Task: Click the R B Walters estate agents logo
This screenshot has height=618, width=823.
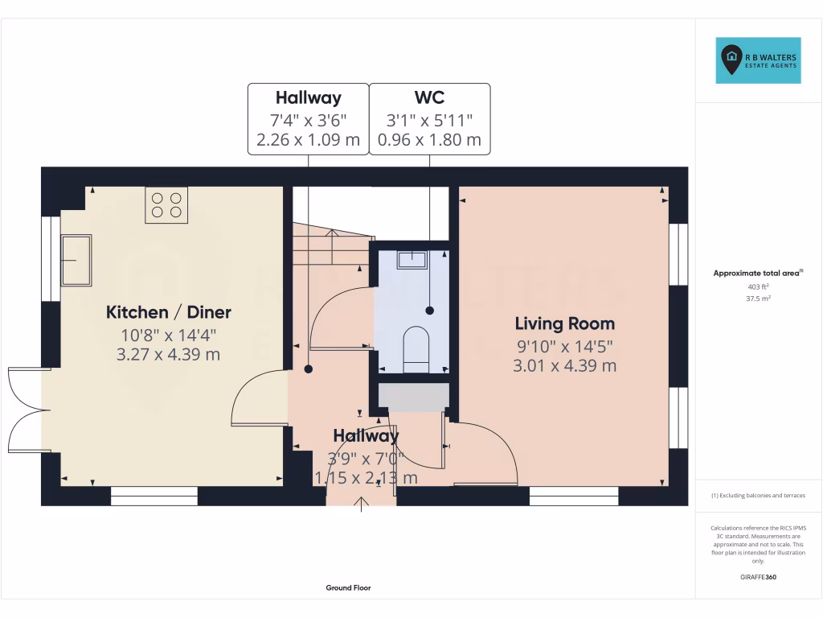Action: click(759, 60)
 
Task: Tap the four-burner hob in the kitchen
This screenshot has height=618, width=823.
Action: click(166, 204)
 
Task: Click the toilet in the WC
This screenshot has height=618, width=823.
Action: click(416, 348)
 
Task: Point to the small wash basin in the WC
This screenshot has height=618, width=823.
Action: click(411, 259)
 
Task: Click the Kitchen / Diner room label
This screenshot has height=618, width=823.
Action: click(169, 312)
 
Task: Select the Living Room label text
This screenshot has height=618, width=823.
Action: click(565, 323)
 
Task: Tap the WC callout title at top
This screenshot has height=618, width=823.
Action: click(429, 98)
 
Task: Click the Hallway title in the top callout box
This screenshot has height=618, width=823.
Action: click(308, 98)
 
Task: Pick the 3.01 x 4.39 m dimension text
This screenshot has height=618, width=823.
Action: click(565, 365)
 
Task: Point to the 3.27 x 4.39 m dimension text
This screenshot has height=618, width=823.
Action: click(169, 354)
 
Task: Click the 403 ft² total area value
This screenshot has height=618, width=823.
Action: click(758, 286)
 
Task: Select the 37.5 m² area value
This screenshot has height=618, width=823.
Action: click(758, 298)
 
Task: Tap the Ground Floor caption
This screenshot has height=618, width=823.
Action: click(348, 588)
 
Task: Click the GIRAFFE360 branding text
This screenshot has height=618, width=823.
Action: click(758, 577)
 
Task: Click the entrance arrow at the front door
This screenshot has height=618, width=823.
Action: click(362, 504)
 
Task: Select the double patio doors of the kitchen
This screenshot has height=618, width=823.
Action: click(26, 410)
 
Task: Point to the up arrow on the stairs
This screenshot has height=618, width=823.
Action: click(333, 237)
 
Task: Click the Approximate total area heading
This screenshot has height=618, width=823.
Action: click(758, 274)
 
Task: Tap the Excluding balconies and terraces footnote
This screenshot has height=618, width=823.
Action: click(758, 496)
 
